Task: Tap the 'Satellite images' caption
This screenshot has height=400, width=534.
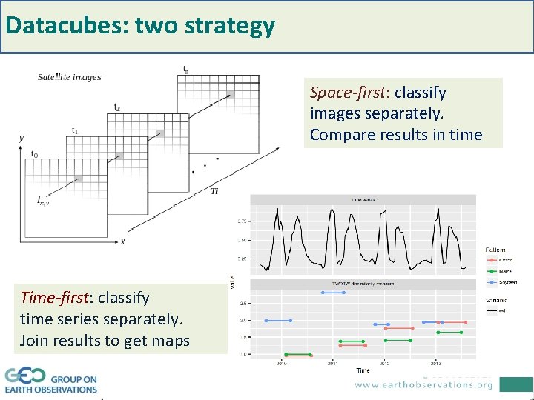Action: [x=70, y=77]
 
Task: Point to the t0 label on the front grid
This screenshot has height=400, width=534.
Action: [x=34, y=154]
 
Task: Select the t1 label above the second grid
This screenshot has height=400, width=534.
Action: [x=74, y=130]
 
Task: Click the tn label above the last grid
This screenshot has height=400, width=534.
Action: [x=185, y=69]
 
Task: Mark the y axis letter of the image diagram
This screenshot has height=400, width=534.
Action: [x=21, y=138]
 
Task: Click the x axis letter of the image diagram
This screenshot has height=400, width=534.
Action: [x=122, y=241]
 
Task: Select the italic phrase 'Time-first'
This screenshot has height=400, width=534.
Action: [x=53, y=297]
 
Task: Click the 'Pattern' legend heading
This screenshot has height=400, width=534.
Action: [x=497, y=249]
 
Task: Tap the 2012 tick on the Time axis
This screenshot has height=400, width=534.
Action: [x=384, y=363]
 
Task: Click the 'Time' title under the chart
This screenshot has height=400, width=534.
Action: [x=362, y=370]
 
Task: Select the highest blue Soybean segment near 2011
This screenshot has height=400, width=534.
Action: [x=333, y=293]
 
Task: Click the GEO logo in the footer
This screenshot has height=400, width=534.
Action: [x=25, y=376]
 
